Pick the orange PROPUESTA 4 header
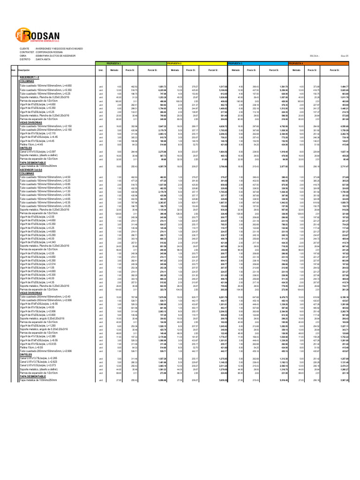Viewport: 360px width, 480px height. pyautogui.click(x=296, y=62)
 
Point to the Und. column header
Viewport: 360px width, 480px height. pyautogui.click(x=100, y=69)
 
